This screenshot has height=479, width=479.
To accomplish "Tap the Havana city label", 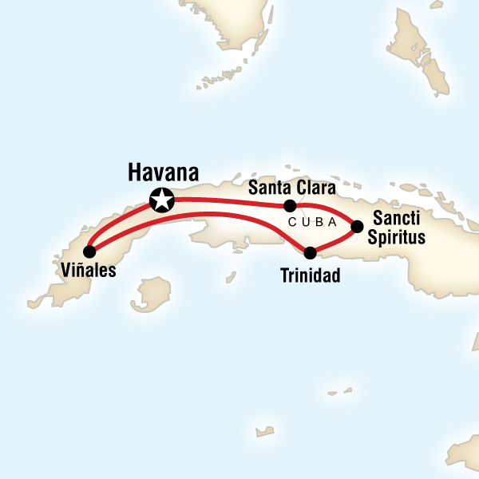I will coord(164,172).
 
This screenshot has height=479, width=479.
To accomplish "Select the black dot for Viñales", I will coord(88,251).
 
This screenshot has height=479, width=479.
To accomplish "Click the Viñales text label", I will coord(88,271).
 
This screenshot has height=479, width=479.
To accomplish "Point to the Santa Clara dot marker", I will coord(291,205).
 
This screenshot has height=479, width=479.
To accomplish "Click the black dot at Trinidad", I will coord(311,253).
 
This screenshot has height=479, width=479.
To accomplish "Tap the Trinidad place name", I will coord(311,276).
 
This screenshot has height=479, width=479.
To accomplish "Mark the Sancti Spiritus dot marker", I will coord(358,227).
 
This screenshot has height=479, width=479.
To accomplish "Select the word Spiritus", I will coord(398,237).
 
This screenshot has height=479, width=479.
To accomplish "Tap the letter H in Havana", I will coord(135,172).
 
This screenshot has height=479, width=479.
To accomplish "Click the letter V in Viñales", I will coord(64,271).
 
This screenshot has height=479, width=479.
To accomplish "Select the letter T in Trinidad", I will coord(285,276).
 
